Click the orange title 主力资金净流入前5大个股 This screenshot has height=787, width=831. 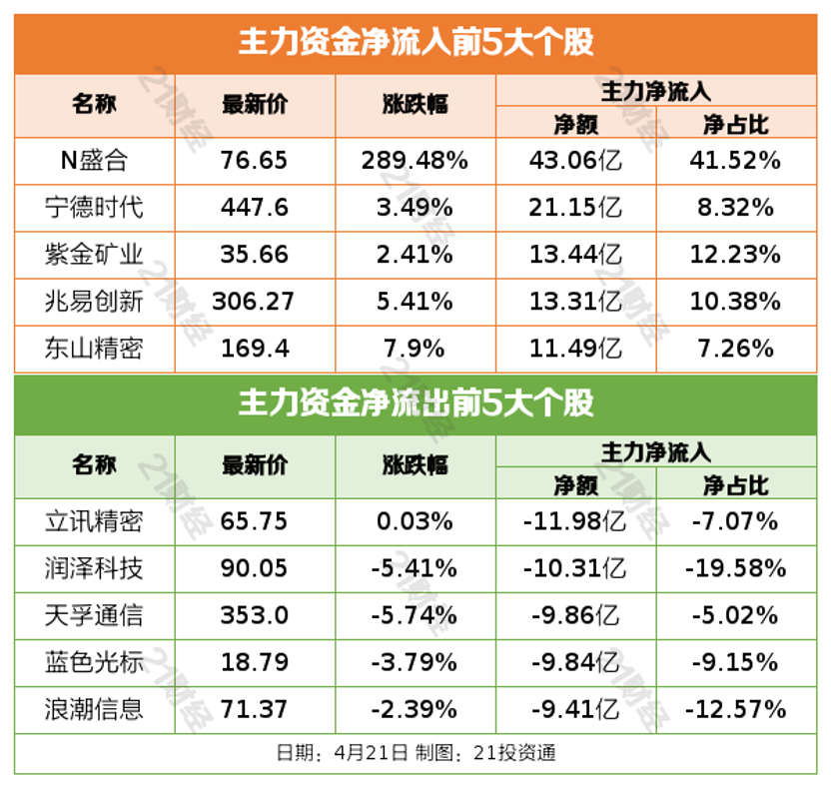(x=415, y=43)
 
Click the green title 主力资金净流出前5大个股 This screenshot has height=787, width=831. (x=415, y=403)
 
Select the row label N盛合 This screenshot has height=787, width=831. (x=94, y=160)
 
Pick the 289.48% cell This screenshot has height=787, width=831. (x=416, y=160)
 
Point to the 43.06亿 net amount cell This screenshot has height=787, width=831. (x=575, y=160)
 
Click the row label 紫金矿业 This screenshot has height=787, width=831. (x=94, y=254)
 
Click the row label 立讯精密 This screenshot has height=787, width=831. (x=94, y=520)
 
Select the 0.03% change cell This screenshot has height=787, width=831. (x=416, y=520)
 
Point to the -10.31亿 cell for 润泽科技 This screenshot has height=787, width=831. (x=575, y=568)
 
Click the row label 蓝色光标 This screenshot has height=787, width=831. (x=94, y=662)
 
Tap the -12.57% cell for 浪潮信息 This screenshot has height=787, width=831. (x=736, y=709)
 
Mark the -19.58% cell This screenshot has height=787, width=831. (x=736, y=568)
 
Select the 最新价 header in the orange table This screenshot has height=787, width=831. (x=255, y=104)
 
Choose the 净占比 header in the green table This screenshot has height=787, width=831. (x=736, y=485)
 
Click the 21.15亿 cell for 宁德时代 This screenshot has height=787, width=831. (x=575, y=207)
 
